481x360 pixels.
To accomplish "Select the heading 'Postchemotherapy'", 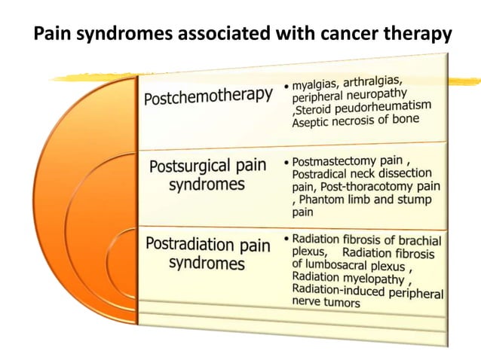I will tap(208, 96).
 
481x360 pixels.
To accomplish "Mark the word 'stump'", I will tap(414, 199).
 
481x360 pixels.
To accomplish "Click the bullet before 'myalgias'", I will tap(287, 87).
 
